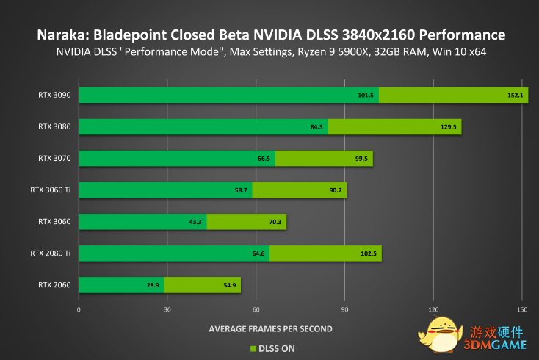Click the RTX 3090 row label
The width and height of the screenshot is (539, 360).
tap(55, 95)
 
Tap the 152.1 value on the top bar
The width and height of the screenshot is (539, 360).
tap(515, 95)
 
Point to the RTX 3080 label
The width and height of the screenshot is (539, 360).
tap(55, 126)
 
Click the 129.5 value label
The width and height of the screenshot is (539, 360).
tap(449, 127)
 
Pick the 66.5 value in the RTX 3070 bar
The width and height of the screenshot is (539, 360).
tap(264, 158)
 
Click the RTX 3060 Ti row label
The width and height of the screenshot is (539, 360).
tap(51, 190)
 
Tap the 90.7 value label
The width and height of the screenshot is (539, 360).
tap(335, 190)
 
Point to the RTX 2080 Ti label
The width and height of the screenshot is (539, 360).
tap(51, 253)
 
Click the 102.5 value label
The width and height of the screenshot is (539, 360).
tap(369, 253)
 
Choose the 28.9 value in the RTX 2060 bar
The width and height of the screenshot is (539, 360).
tap(153, 285)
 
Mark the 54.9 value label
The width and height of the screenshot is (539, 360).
tap(229, 285)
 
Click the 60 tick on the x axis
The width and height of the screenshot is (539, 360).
tap(256, 309)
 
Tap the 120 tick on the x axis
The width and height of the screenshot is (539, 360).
tap(434, 309)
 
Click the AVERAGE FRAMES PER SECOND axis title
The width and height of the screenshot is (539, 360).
tap(270, 328)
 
